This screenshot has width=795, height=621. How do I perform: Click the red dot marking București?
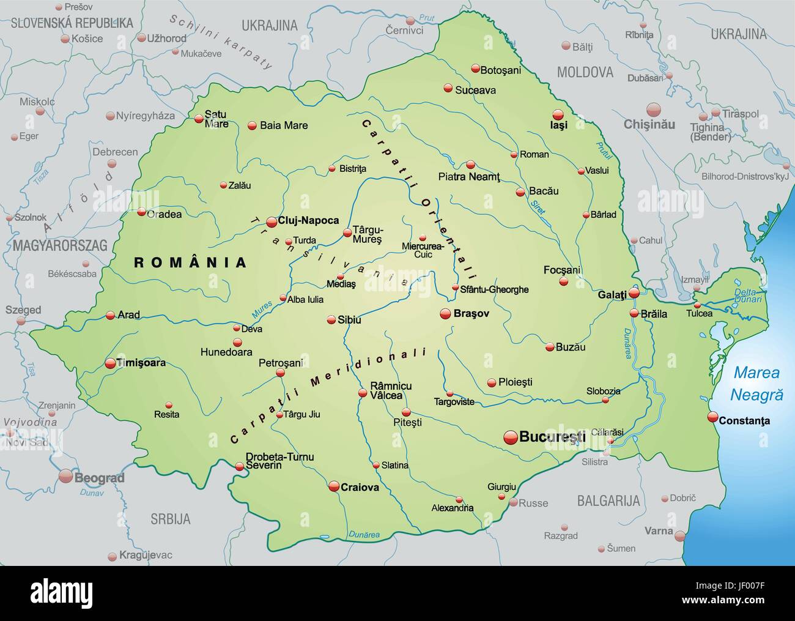[510, 437]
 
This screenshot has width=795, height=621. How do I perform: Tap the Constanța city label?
[744, 420]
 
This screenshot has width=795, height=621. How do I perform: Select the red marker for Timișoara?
[110, 363]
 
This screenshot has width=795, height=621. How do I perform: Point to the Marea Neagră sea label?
[758, 383]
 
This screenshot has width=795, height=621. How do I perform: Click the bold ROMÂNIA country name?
[190, 262]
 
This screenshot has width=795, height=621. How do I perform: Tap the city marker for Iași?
[557, 114]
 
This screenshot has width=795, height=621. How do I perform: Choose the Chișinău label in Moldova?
[649, 124]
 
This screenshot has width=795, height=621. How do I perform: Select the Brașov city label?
[472, 313]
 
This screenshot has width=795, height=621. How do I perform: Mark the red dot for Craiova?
[334, 486]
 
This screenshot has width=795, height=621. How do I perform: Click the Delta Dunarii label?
[748, 295]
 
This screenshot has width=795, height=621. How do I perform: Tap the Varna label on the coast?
[660, 530]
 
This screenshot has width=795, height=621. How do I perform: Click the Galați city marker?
[635, 293]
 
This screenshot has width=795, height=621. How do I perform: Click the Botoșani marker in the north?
[475, 69]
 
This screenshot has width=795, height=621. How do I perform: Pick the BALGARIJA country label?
[608, 500]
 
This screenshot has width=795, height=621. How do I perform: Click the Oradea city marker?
[141, 213]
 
